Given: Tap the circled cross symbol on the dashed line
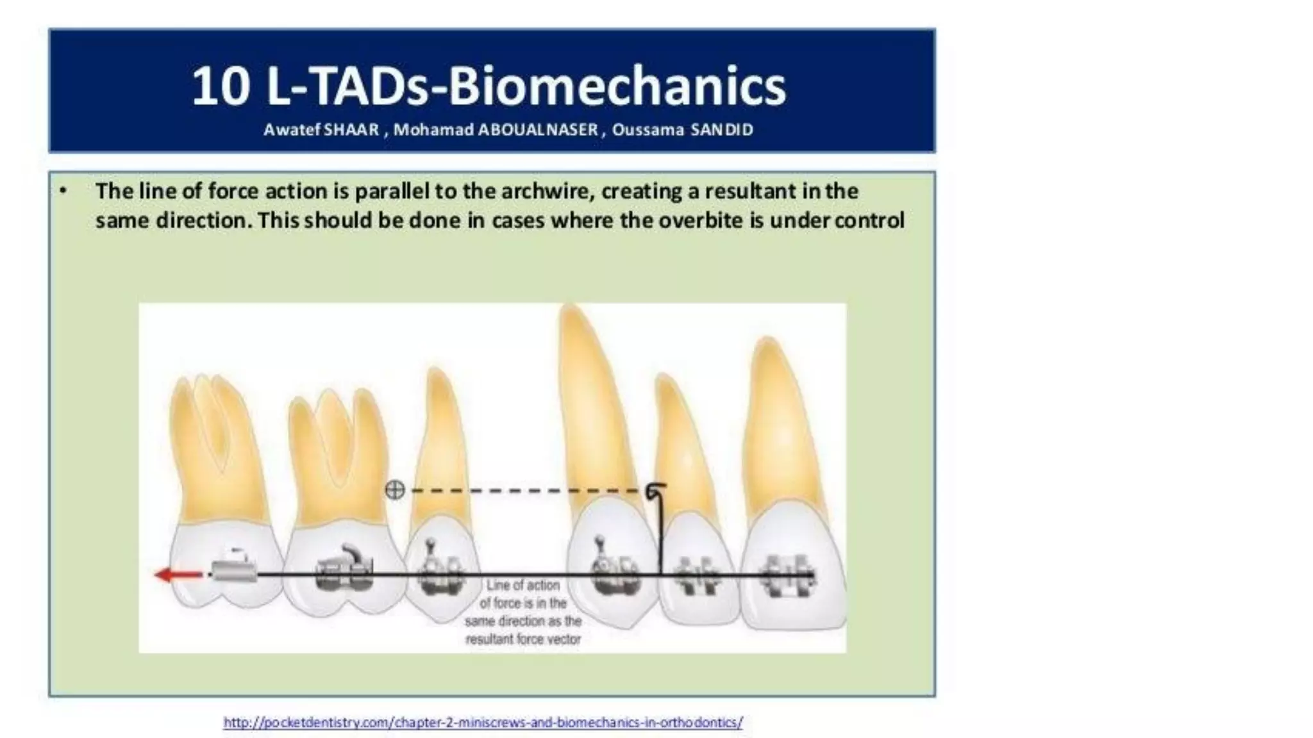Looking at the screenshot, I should pyautogui.click(x=395, y=491).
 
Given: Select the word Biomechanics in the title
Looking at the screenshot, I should pyautogui.click(x=617, y=86).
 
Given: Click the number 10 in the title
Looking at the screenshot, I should pyautogui.click(x=221, y=86).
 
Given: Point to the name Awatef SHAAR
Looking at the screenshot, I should pyautogui.click(x=321, y=130).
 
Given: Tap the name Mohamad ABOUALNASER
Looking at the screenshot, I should pyautogui.click(x=496, y=130).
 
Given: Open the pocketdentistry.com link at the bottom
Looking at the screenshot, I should pyautogui.click(x=483, y=723).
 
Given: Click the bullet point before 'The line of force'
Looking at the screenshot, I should pyautogui.click(x=63, y=191).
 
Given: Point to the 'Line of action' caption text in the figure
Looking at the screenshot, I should pyautogui.click(x=523, y=585).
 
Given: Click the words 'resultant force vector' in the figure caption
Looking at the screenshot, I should pyautogui.click(x=523, y=639).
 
